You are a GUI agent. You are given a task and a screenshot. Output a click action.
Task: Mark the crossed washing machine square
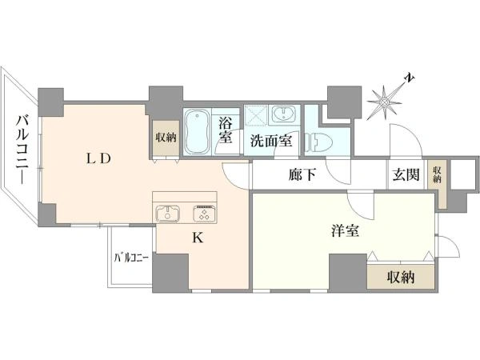(x=257, y=116)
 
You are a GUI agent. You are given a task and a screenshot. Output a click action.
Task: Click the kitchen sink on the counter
(x=169, y=213)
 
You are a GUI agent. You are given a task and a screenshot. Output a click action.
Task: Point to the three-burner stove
(x=202, y=213)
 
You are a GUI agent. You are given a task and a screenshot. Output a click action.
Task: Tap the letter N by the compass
(x=408, y=78)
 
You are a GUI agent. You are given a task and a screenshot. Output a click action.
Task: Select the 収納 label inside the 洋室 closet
(x=401, y=278)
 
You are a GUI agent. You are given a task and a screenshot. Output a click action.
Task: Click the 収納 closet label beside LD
(x=166, y=138)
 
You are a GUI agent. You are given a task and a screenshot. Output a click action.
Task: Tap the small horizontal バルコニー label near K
(x=130, y=258)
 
